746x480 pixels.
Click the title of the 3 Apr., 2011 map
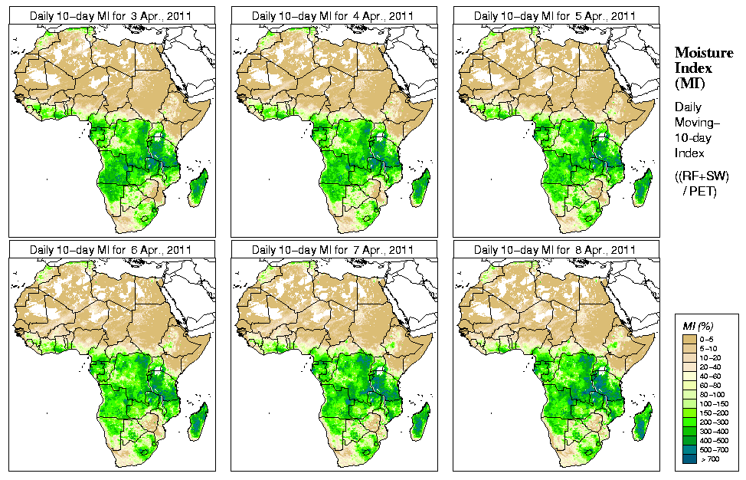(111, 16)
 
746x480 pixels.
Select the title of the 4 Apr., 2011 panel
(333, 16)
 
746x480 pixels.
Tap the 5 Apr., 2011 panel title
(555, 16)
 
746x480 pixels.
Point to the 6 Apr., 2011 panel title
(111, 250)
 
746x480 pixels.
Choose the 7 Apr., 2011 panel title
(333, 250)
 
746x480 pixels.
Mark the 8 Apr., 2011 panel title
(555, 250)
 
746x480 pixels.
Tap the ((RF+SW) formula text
(702, 176)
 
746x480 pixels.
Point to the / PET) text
(699, 191)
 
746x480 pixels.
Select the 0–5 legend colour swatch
(689, 338)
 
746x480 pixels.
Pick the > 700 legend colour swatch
(689, 458)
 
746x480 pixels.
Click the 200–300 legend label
(715, 421)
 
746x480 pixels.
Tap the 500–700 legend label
(715, 449)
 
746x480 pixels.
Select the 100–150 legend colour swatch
(689, 403)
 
